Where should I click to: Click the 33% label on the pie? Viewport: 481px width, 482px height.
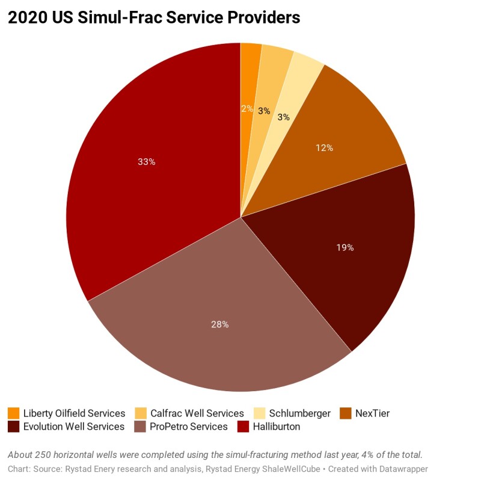pos(147,162)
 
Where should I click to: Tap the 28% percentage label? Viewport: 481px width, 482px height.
pos(219,324)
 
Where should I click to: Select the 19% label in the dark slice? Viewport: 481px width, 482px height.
pos(345,247)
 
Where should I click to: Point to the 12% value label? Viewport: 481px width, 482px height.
pos(325,147)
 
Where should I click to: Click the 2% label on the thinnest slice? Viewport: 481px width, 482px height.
pos(247,109)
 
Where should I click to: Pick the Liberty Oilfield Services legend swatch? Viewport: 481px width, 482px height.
pos(13,413)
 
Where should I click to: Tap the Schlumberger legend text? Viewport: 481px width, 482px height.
pos(299,413)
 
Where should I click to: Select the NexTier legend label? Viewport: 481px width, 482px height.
pos(372,413)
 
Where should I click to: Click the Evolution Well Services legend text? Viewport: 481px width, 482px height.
pos(74,427)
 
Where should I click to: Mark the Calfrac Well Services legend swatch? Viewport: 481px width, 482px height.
pos(141,413)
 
